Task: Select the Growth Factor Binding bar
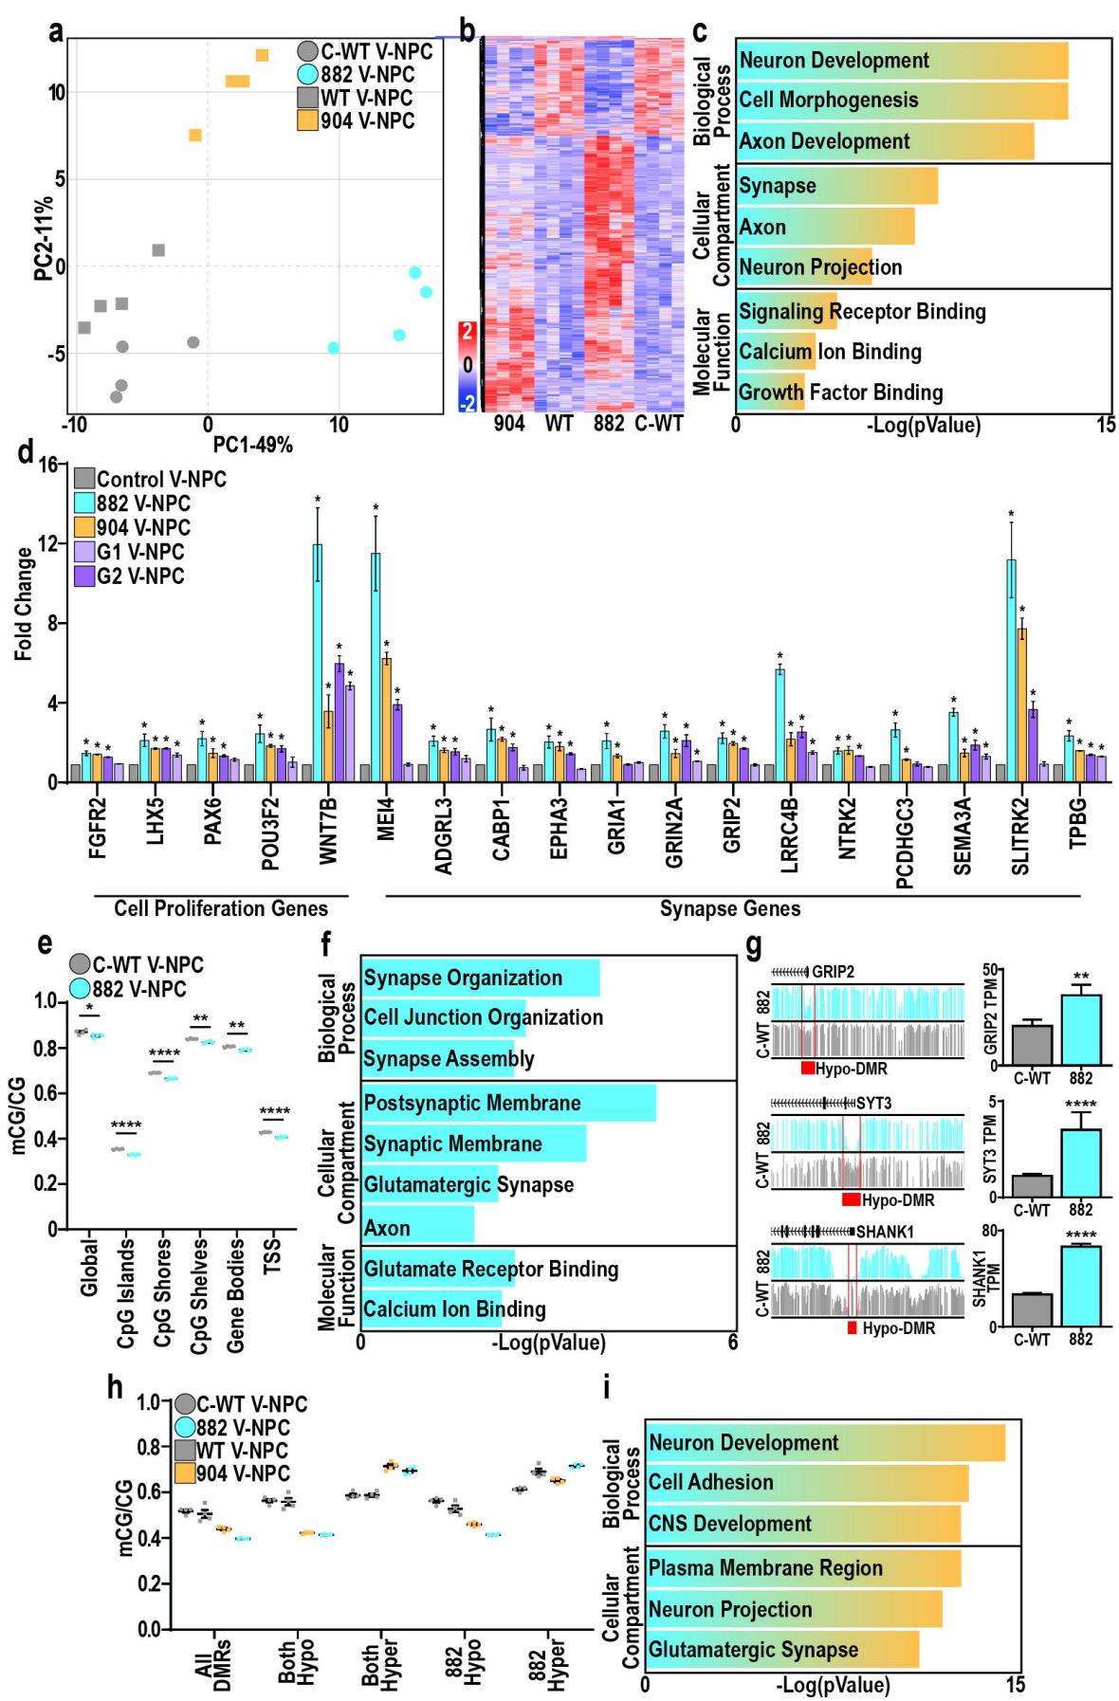pos(770,392)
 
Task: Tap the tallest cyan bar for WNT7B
pos(318,654)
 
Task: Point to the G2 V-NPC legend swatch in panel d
pos(84,576)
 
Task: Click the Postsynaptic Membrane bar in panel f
pos(508,1103)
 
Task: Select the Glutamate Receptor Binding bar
pos(437,1269)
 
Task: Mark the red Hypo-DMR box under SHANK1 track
pos(853,1327)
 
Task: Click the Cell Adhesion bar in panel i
pos(806,1482)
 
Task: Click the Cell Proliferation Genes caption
pos(222,908)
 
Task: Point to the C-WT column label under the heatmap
pos(658,424)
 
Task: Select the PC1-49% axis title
pos(253,444)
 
